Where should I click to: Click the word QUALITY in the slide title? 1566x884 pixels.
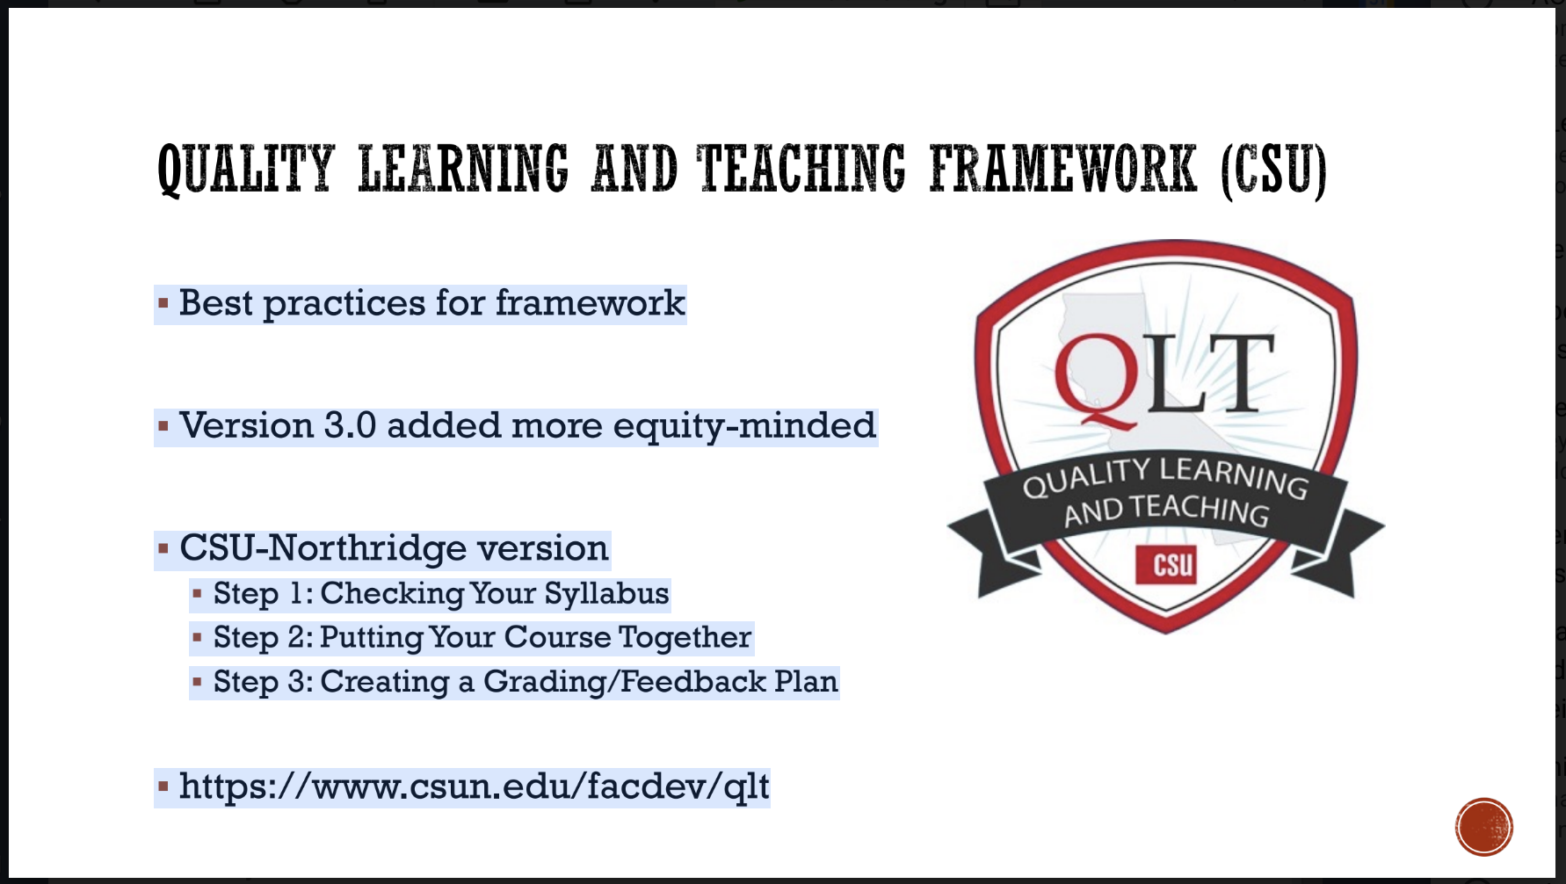point(246,169)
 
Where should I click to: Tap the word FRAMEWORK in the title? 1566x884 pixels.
point(1062,169)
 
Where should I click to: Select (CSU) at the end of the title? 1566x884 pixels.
point(1273,170)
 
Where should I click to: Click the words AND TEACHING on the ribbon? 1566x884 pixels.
point(1167,511)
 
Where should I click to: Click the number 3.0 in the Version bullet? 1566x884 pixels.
point(350,426)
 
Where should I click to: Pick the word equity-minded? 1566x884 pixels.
point(743,426)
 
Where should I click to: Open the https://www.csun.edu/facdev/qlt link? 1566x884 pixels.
point(474,786)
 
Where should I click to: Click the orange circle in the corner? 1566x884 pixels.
point(1483,827)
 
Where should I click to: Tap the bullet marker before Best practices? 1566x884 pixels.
point(163,304)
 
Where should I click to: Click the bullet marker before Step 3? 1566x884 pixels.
point(198,682)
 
